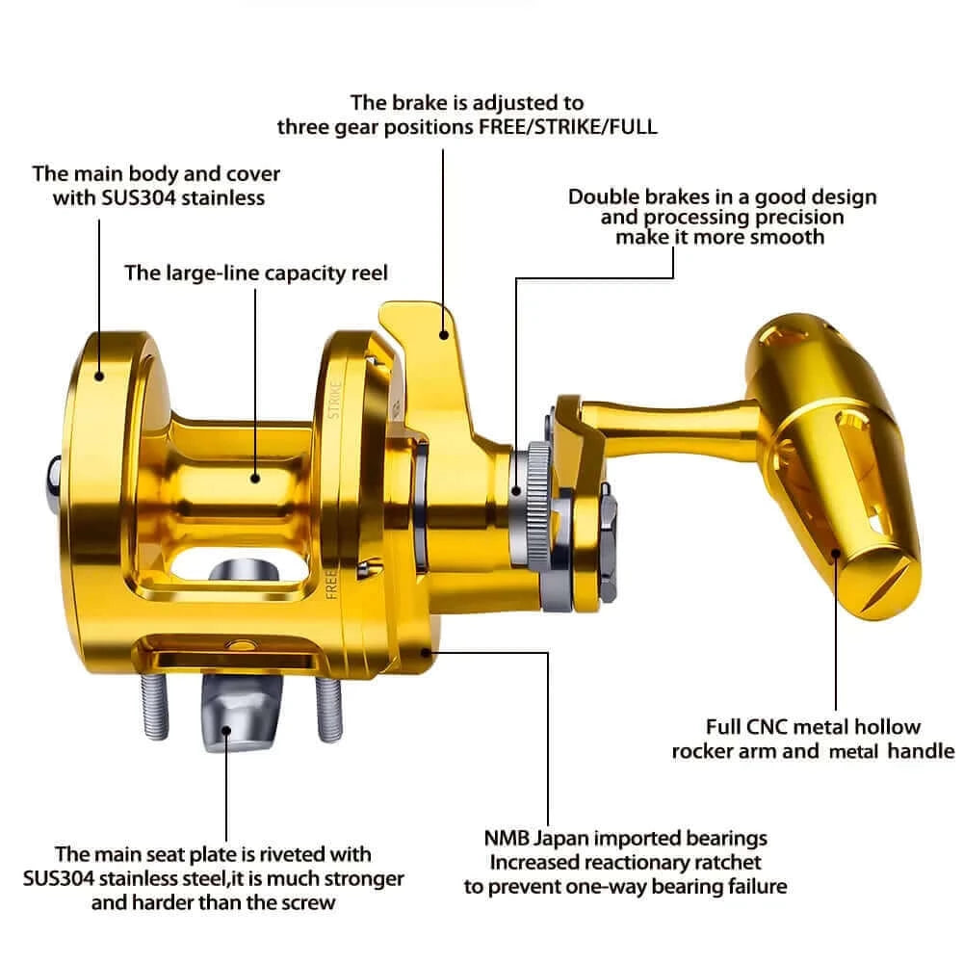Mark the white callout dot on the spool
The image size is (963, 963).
click(x=255, y=476)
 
